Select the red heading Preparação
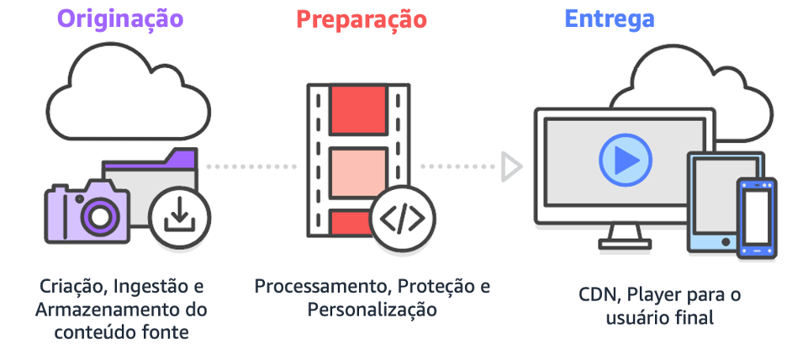[362, 19]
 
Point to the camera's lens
[99, 216]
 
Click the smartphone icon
[756, 216]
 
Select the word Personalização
[372, 310]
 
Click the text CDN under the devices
[595, 296]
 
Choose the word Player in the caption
[652, 296]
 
